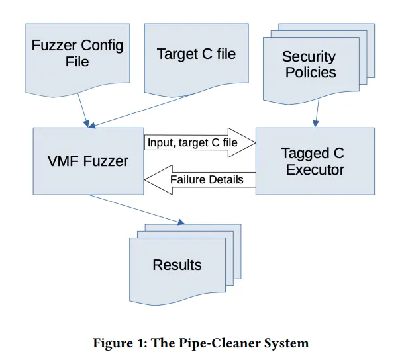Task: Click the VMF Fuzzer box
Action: [88, 161]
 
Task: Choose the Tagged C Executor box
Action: [315, 161]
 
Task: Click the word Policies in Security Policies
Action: [309, 72]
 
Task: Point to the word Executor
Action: [315, 169]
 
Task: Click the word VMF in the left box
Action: [61, 161]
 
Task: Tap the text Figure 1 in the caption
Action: [117, 343]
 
